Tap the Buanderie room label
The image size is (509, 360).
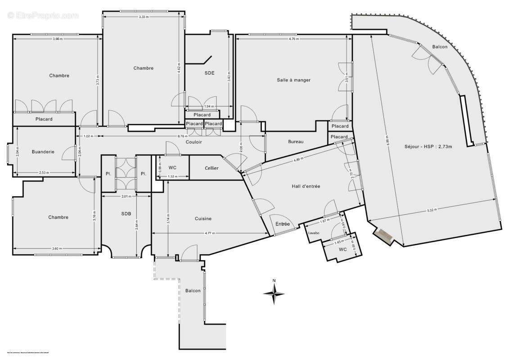[x=43, y=152]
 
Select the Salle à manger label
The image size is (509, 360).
[x=293, y=80]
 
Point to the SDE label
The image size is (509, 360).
[x=209, y=73]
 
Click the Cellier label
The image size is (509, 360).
[x=211, y=168]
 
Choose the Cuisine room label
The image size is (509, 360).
[x=203, y=219]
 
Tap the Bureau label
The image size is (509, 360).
[x=296, y=142]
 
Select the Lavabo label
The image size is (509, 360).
[x=314, y=233]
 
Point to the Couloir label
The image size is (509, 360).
[x=194, y=142]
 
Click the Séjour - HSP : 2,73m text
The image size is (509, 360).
[x=427, y=147]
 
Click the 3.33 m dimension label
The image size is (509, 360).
[x=144, y=17]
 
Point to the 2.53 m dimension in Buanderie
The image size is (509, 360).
[x=44, y=173]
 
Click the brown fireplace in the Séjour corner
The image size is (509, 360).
[x=384, y=235]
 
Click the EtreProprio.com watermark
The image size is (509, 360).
[x=43, y=16]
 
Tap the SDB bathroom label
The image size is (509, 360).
[x=126, y=214]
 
